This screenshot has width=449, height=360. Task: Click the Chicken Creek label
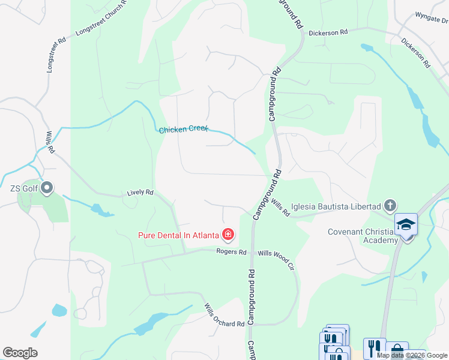click(183, 129)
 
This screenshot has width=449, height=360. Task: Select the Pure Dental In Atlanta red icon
click(228, 234)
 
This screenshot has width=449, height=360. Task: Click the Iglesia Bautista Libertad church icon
click(390, 206)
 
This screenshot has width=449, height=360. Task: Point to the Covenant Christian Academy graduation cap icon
click(406, 224)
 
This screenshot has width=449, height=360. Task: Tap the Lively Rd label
click(140, 193)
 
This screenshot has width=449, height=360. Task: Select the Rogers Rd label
click(232, 252)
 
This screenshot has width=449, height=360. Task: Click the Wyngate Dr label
click(432, 18)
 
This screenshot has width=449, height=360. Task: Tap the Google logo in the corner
click(20, 353)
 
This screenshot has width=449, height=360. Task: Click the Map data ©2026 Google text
click(412, 355)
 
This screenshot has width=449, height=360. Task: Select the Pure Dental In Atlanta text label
click(178, 235)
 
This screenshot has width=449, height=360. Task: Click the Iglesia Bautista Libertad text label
click(336, 207)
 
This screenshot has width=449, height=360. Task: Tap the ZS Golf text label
click(23, 189)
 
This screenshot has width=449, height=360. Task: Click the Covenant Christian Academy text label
click(363, 236)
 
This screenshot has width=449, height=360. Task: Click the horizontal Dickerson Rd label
click(328, 33)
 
